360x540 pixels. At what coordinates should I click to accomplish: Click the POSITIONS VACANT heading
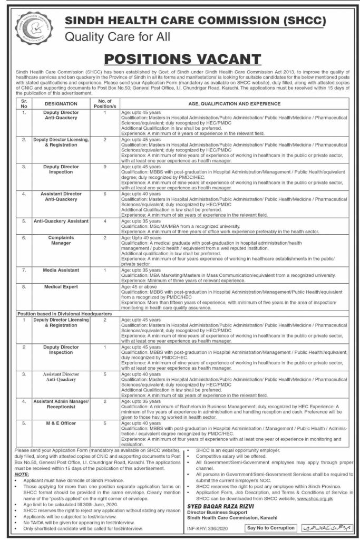tap(180, 58)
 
